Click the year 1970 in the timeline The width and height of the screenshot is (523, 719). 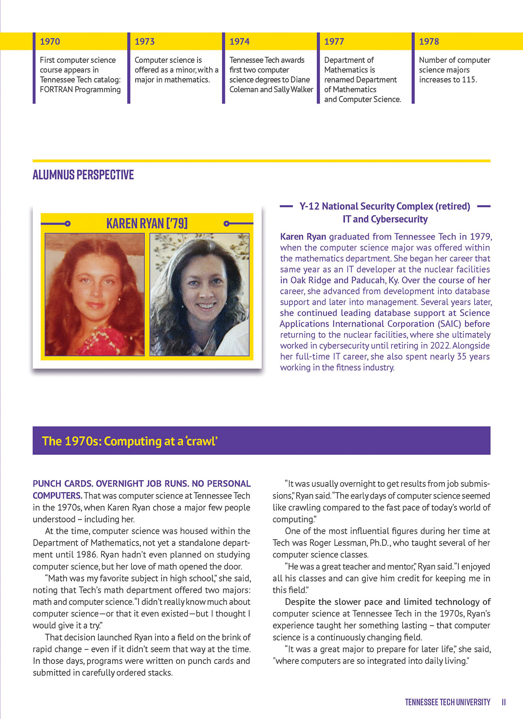pos(50,42)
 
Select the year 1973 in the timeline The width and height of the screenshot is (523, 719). pos(144,42)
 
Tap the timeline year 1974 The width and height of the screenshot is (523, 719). pos(239,42)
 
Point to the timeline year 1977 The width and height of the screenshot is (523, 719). pos(334,42)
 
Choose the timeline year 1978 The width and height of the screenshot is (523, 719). pos(429,42)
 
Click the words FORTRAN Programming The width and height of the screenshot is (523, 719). pos(80,90)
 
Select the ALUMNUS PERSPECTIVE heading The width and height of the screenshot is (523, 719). pos(83,175)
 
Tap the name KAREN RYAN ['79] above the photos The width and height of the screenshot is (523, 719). pos(147,223)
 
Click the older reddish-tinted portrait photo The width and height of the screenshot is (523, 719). pos(94,294)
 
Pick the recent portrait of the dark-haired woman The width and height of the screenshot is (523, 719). pos(199,294)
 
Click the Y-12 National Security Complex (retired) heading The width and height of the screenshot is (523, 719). pos(384,207)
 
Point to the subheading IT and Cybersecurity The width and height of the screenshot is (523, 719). pos(385,220)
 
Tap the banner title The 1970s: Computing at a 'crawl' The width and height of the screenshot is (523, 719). pos(130,441)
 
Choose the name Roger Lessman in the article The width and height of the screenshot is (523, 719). pos(338,543)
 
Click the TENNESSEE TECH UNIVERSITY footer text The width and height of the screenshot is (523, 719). pos(447,702)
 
